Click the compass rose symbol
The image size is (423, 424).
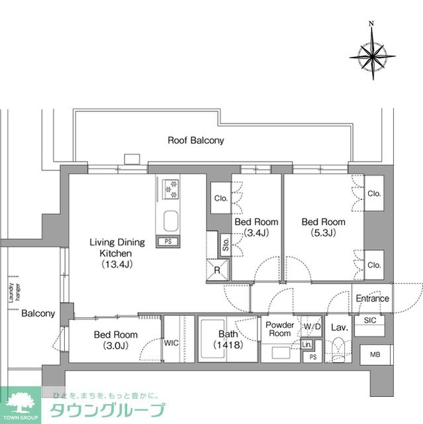(x=371, y=52)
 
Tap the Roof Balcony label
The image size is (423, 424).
(x=195, y=140)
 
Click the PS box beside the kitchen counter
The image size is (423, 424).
(x=168, y=241)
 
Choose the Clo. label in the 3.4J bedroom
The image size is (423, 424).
(x=220, y=198)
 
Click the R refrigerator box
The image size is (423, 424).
(x=218, y=269)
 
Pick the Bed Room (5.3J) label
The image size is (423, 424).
(x=323, y=227)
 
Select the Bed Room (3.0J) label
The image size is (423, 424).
(x=115, y=340)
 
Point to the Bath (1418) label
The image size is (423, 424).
(x=226, y=340)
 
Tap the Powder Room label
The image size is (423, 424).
(x=279, y=329)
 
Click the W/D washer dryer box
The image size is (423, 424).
(x=311, y=327)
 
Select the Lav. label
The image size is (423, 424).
(x=340, y=327)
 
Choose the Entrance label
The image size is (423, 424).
(x=372, y=298)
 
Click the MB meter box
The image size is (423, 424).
(x=375, y=354)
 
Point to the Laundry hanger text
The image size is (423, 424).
(x=11, y=293)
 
